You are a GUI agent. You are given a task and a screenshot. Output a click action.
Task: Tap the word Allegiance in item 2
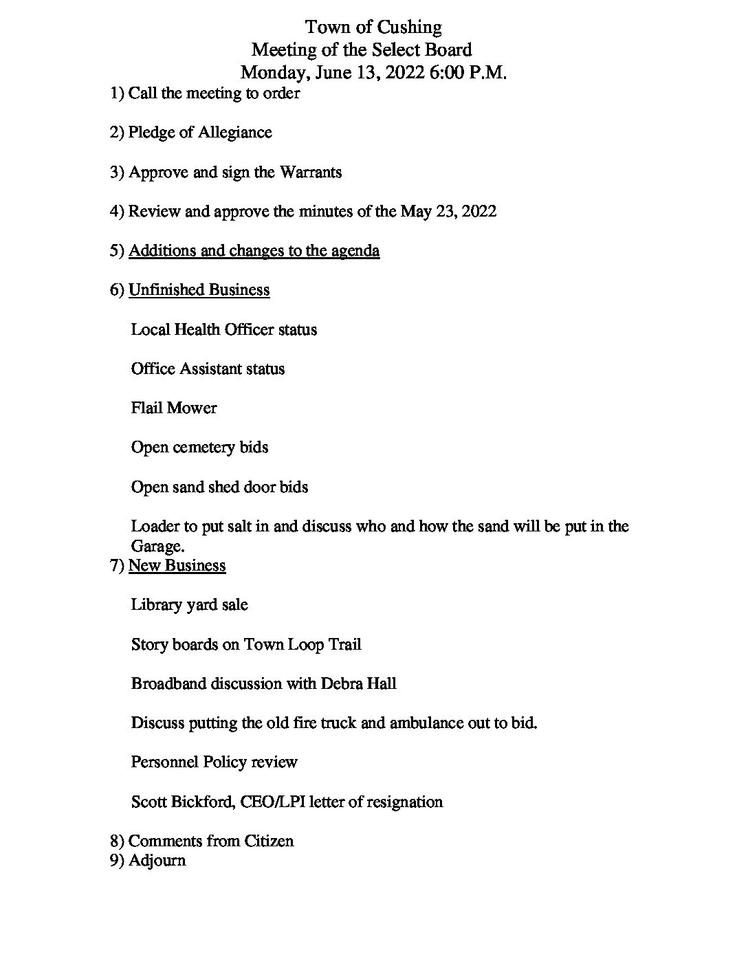tap(235, 133)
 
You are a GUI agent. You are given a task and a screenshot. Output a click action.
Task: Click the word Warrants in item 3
tap(310, 172)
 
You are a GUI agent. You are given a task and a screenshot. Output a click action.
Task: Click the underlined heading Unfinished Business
tap(199, 290)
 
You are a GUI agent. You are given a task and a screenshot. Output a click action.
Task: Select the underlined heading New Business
tap(177, 566)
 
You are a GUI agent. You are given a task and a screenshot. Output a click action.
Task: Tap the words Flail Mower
tap(173, 408)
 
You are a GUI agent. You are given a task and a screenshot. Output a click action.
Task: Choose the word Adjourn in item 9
tap(157, 861)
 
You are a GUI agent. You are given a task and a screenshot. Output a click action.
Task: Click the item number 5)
tap(117, 251)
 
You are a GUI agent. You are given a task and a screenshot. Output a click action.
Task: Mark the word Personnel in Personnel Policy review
tap(164, 762)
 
